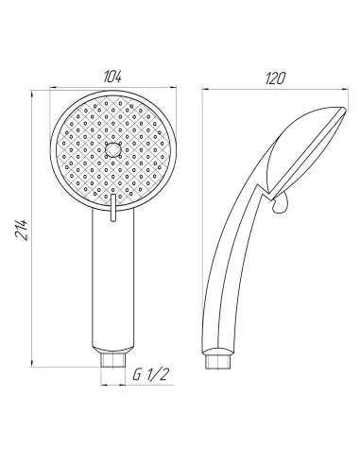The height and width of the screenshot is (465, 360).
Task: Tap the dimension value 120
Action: point(276,77)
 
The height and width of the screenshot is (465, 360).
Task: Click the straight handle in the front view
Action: point(112,284)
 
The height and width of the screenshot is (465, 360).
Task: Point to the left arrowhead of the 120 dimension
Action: point(208,91)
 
